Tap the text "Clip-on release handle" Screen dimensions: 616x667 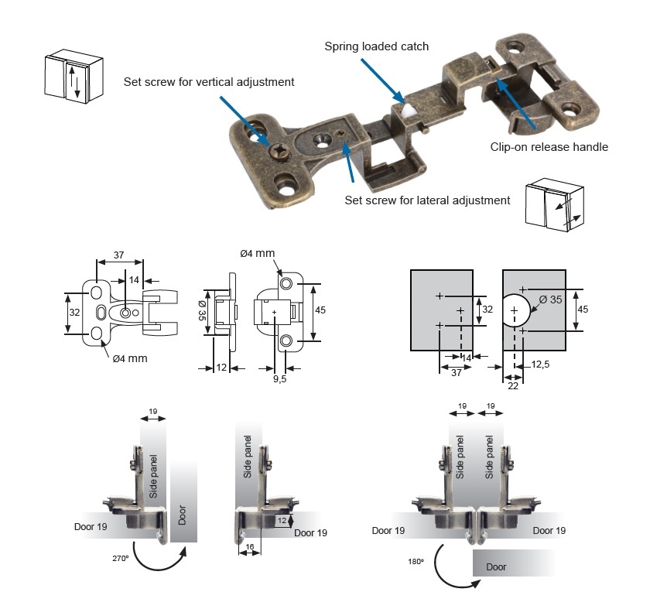pos(549,147)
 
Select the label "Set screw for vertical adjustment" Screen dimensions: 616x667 pos(209,81)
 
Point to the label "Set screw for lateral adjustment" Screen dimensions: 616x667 pos(427,200)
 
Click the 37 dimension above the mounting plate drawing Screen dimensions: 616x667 pos(118,255)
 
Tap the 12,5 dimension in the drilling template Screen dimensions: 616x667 pos(541,364)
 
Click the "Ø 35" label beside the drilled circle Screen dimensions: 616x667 pos(550,299)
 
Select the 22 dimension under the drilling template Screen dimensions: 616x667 pos(511,385)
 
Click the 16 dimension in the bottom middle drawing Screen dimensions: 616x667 pos(248,546)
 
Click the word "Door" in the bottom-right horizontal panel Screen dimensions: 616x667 pos(496,566)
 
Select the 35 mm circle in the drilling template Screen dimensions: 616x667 pos(515,311)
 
